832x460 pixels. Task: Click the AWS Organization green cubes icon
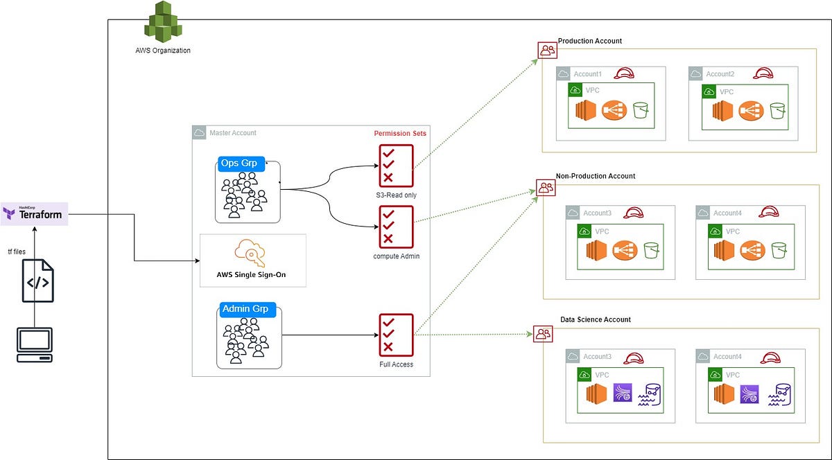162,23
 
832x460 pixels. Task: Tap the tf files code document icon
37,281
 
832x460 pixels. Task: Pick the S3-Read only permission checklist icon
396,165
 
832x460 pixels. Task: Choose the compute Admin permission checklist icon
396,227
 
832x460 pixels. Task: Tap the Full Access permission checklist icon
396,335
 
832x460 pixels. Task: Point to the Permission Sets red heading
400,133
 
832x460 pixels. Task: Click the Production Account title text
589,41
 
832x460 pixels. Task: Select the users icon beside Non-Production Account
546,187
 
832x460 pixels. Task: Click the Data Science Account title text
595,319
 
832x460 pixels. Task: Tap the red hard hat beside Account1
625,73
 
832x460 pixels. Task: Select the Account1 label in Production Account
587,74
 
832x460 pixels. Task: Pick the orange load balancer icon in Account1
613,110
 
